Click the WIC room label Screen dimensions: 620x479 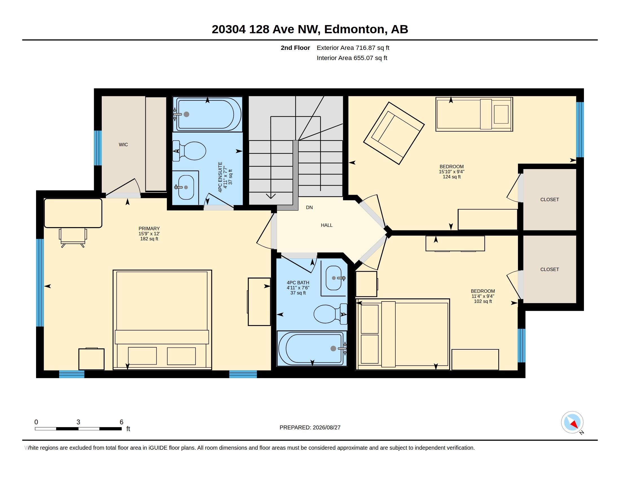point(123,145)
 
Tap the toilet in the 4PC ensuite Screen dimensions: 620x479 point(189,151)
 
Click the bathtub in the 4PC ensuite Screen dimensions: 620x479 point(207,114)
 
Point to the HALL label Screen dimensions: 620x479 point(327,225)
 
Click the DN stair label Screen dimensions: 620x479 point(309,208)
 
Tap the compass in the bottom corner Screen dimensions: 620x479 point(572,422)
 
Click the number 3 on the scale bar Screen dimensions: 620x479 point(78,422)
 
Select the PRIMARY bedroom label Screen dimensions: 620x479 point(149,229)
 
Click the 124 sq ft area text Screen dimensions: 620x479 point(452,177)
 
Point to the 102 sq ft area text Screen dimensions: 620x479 point(483,301)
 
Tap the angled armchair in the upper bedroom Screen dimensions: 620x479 point(394,133)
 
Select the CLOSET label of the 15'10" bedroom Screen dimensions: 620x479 point(550,200)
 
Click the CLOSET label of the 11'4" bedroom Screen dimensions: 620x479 point(550,270)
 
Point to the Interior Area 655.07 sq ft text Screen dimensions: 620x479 point(352,58)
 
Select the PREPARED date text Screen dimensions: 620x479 point(310,428)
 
